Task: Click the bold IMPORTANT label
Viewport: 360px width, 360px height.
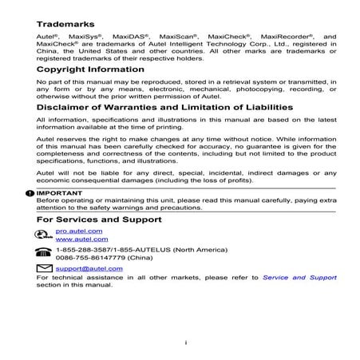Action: [x=59, y=193]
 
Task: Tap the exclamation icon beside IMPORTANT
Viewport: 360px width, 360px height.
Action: [x=30, y=193]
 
